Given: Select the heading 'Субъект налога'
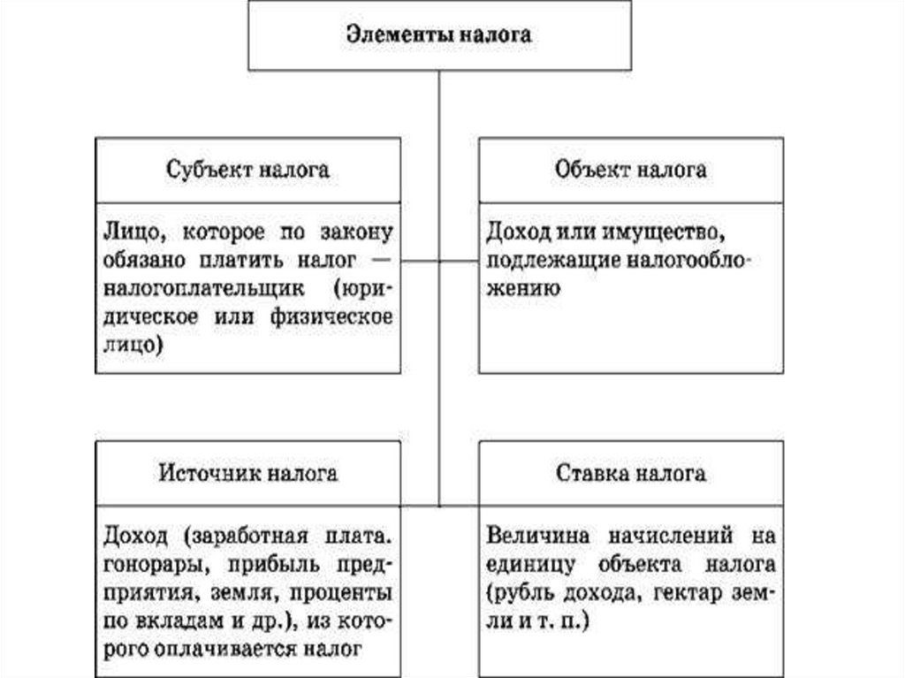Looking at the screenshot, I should (247, 169).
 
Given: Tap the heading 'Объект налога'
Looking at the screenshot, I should (631, 169).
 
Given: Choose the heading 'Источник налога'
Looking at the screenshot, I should (248, 473).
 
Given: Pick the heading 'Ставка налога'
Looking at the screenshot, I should (631, 473).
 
